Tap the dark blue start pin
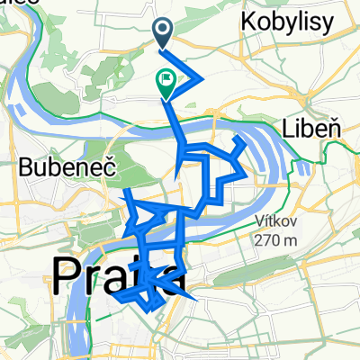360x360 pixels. point(164,33)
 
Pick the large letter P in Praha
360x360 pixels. point(67,275)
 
